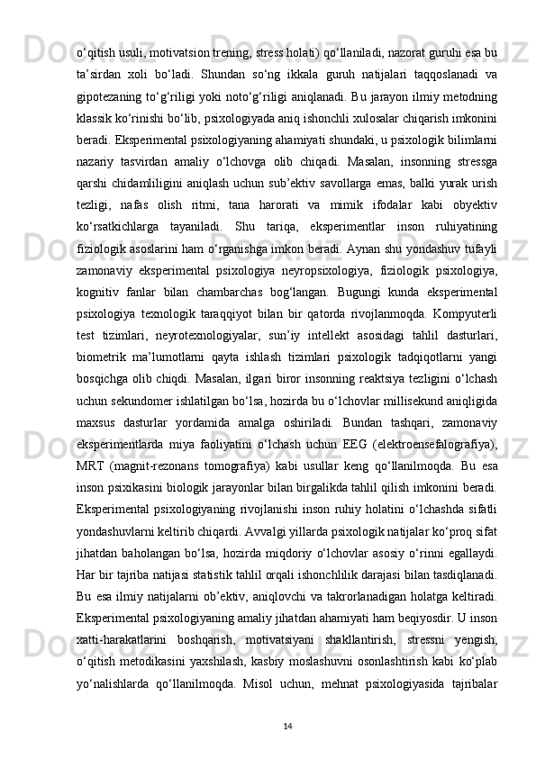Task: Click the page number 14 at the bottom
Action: pos(268,725)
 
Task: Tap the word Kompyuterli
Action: pos(463,326)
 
